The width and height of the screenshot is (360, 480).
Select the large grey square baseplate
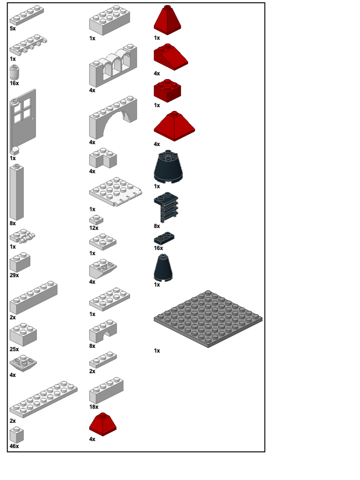[x=208, y=318]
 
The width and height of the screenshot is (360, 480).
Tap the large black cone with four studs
[x=168, y=167]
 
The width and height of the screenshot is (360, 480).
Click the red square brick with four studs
[x=167, y=91]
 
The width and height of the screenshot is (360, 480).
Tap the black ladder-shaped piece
[x=166, y=207]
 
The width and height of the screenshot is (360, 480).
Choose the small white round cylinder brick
[x=15, y=73]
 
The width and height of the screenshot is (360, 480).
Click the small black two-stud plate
[x=164, y=238]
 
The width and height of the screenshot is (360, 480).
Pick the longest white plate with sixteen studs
[x=43, y=399]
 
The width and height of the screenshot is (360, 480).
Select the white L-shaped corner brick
[x=103, y=158]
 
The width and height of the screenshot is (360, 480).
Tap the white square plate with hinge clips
[x=115, y=192]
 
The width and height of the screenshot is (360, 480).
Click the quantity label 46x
[x=14, y=446]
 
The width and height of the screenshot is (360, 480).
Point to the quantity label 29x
[x=14, y=275]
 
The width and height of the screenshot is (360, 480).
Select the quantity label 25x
[x=14, y=349]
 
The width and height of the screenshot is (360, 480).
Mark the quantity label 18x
[x=94, y=407]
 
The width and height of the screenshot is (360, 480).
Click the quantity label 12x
[x=94, y=228]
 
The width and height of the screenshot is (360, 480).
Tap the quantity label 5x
[x=13, y=29]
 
